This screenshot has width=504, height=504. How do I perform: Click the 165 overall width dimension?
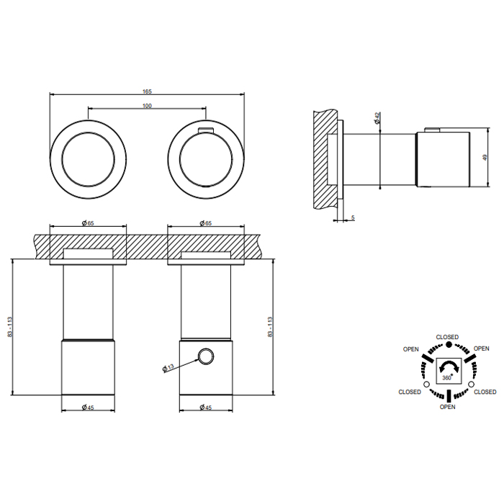point(147,91)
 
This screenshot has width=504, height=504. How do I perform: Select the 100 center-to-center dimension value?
point(147,106)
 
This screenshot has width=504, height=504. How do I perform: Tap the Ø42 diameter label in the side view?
point(377,117)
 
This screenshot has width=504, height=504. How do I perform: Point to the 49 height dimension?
point(485,158)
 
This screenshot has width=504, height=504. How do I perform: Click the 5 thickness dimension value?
point(353,217)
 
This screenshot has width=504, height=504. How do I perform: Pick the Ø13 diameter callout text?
point(168,368)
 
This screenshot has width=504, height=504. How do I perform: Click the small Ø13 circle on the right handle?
point(206,356)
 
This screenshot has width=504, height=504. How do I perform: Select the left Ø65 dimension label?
point(88,223)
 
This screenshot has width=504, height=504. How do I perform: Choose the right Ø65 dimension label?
point(206,223)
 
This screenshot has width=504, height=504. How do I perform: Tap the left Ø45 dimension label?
point(88,408)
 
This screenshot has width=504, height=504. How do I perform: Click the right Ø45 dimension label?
point(206,408)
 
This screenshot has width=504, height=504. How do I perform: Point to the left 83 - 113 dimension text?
point(9,327)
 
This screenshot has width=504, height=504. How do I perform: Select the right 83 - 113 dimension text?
point(270,327)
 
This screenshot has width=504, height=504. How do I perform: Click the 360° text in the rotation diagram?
point(447,378)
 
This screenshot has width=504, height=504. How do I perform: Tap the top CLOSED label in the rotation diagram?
point(447,337)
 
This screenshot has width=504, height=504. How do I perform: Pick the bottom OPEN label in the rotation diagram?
point(447,407)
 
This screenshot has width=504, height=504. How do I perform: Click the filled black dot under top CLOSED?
point(449,345)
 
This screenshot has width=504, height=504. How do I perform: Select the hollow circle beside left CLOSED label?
point(426,384)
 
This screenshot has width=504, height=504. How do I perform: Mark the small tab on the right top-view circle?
point(206,130)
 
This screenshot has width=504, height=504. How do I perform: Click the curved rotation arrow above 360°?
point(449,365)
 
